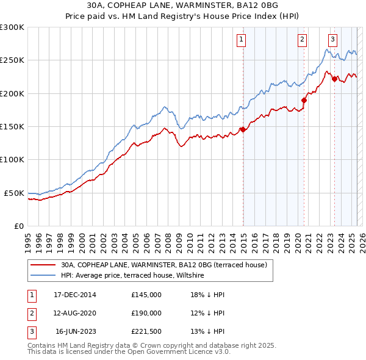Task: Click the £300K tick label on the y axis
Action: (12, 27)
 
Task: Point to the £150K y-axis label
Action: (12, 126)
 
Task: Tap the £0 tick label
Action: (18, 226)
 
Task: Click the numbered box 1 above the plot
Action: (242, 40)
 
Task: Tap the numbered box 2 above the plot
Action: (302, 40)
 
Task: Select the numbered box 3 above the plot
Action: (332, 40)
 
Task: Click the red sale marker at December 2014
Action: (243, 129)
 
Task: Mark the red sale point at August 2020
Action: (304, 100)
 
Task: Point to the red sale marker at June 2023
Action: (334, 79)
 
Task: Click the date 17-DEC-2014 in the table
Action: (75, 295)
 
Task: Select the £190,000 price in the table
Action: (146, 313)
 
